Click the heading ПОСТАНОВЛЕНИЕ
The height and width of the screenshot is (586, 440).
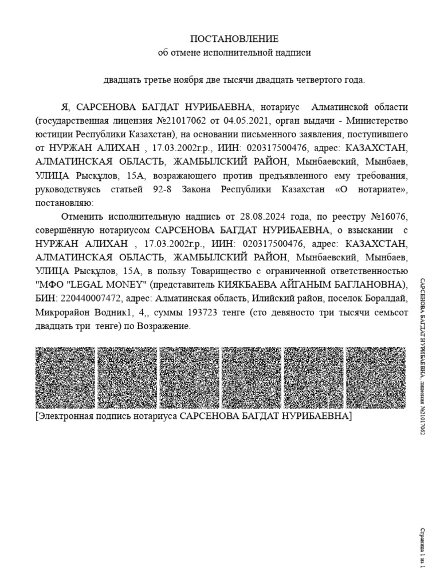coord(234,39)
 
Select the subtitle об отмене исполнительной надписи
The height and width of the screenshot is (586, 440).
coord(234,53)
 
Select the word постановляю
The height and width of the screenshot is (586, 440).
coord(62,203)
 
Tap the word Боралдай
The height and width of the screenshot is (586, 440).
coord(388,299)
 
